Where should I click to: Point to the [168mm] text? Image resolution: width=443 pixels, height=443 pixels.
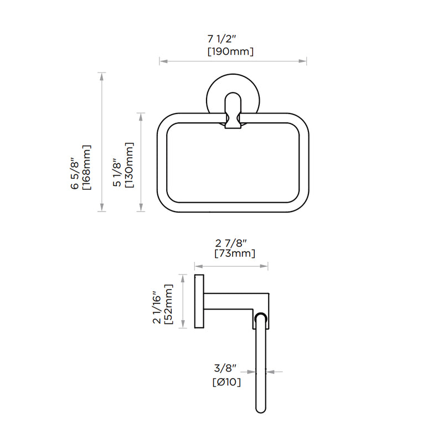coord(86,167)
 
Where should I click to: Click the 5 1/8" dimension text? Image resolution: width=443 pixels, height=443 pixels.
coord(117,173)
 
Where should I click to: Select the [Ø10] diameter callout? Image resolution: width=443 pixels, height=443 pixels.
coord(226,382)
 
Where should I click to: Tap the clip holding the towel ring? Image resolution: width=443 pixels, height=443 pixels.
coord(233,120)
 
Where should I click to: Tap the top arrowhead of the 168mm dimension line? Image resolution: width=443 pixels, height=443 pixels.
coord(101,74)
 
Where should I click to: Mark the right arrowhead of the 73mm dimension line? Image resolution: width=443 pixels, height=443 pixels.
coord(266,266)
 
